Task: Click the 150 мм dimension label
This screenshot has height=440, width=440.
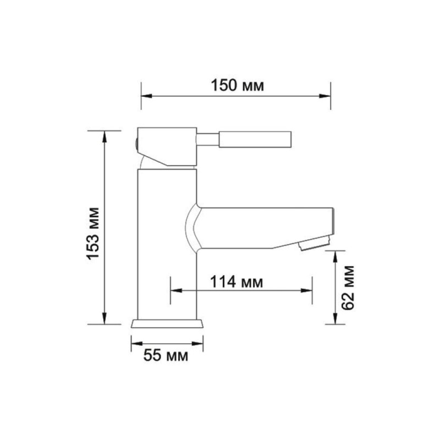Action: tap(237, 85)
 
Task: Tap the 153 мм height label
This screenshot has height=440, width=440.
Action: tap(93, 234)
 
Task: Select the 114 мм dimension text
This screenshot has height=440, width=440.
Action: tap(237, 282)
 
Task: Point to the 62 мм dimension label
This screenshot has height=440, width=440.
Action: tap(348, 288)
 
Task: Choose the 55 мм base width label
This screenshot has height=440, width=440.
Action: tap(166, 355)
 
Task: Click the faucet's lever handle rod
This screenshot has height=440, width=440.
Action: tap(255, 139)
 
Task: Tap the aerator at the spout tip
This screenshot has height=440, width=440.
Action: tap(315, 243)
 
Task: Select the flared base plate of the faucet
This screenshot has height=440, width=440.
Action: tap(167, 323)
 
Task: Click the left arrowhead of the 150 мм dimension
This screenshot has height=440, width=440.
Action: tap(146, 96)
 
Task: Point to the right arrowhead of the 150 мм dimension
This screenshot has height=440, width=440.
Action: tap(325, 96)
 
